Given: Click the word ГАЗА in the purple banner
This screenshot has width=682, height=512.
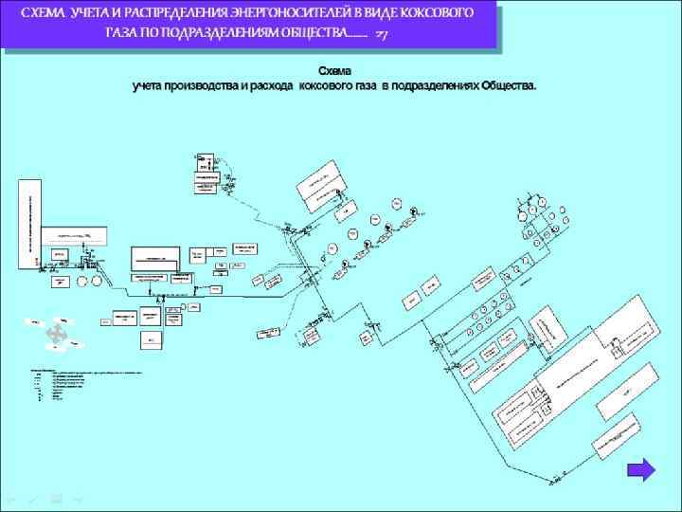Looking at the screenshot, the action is (x=124, y=34).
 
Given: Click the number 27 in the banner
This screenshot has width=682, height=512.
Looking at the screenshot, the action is (x=380, y=35).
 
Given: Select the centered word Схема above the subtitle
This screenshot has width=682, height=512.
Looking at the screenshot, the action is (x=333, y=71).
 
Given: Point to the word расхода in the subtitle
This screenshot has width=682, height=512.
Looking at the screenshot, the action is (x=271, y=85).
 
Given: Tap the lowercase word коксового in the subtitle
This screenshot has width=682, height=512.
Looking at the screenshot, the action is (x=328, y=85).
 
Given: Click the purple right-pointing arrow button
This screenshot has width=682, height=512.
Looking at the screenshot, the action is (x=642, y=470).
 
